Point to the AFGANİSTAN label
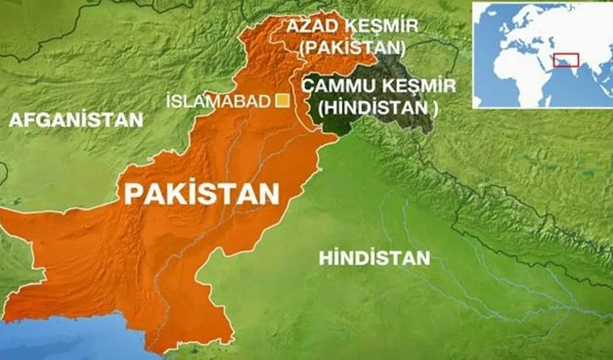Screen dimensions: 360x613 [76, 120]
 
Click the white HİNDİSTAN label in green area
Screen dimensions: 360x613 [374, 259]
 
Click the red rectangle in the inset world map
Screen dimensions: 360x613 [566, 60]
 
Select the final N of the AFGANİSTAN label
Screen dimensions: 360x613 [136, 120]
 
